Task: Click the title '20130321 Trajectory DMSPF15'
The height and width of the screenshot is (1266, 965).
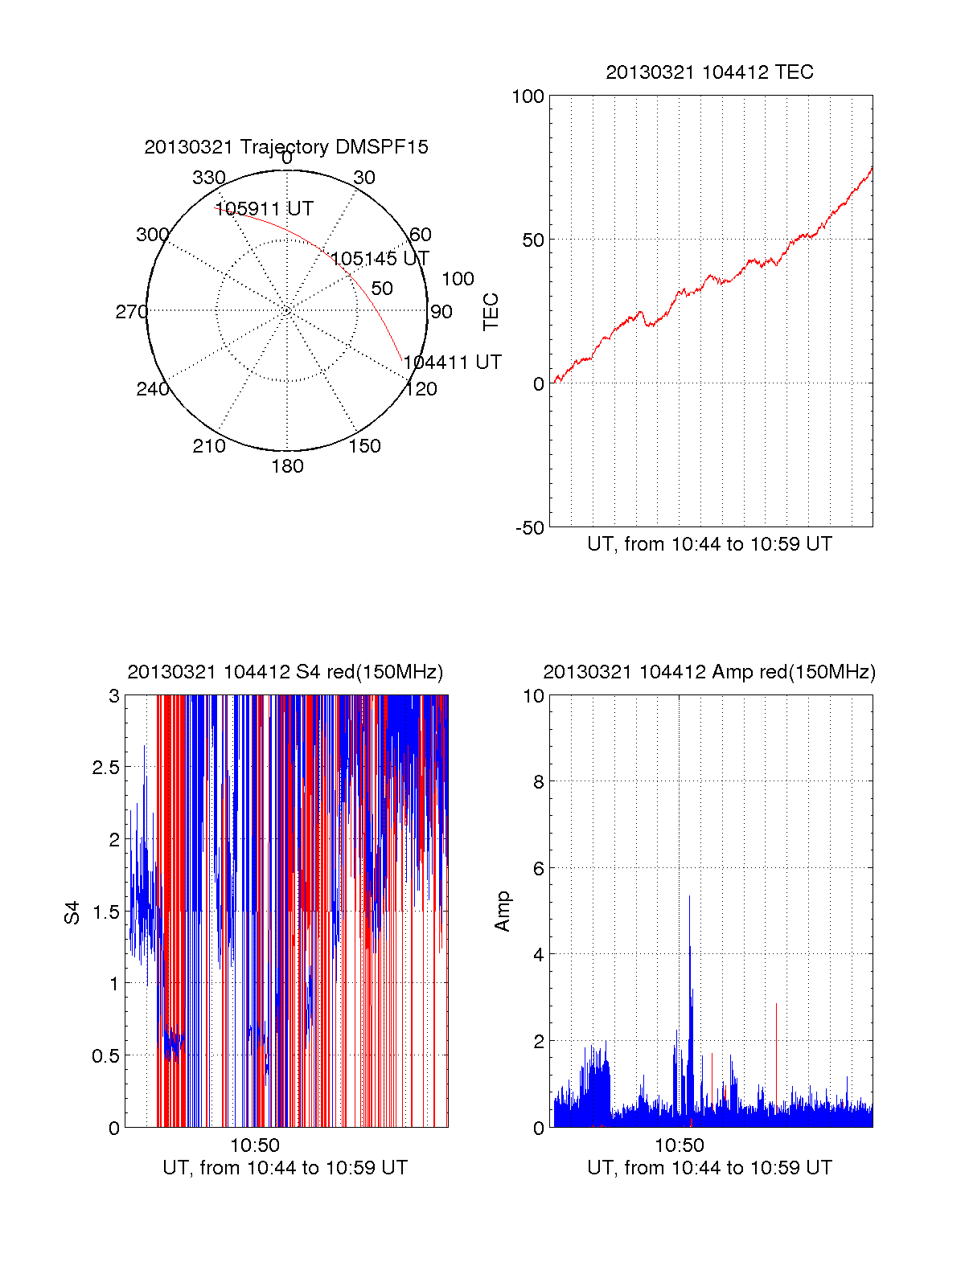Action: click(x=286, y=147)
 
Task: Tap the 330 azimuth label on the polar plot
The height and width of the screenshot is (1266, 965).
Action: click(x=209, y=178)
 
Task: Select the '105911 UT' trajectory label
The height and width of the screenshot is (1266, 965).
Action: click(x=265, y=209)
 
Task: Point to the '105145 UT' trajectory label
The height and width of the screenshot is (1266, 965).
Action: click(x=380, y=259)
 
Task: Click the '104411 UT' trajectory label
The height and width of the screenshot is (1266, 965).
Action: click(x=453, y=363)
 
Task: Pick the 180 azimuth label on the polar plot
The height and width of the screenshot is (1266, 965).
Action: click(x=287, y=466)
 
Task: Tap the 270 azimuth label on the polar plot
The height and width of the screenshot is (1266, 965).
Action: click(x=131, y=312)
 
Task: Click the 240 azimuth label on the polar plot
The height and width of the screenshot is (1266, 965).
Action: click(x=153, y=389)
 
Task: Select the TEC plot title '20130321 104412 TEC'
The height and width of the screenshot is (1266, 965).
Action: click(x=709, y=72)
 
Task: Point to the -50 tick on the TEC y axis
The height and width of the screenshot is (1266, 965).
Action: click(x=530, y=528)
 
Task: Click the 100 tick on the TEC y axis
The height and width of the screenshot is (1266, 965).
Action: click(x=528, y=96)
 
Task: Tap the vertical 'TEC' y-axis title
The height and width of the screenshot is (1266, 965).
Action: click(x=491, y=312)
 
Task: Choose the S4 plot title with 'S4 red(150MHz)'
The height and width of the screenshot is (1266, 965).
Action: click(x=285, y=672)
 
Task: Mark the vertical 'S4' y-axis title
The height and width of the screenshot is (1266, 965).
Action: click(x=72, y=913)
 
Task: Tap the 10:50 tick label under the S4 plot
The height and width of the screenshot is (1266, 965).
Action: click(x=255, y=1145)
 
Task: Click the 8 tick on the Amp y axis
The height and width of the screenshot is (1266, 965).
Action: click(x=539, y=782)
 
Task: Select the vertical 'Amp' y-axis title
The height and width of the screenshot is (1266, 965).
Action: click(x=503, y=912)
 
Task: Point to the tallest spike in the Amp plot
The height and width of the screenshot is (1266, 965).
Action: click(x=689, y=896)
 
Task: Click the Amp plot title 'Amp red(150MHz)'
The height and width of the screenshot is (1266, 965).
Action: click(x=709, y=672)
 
